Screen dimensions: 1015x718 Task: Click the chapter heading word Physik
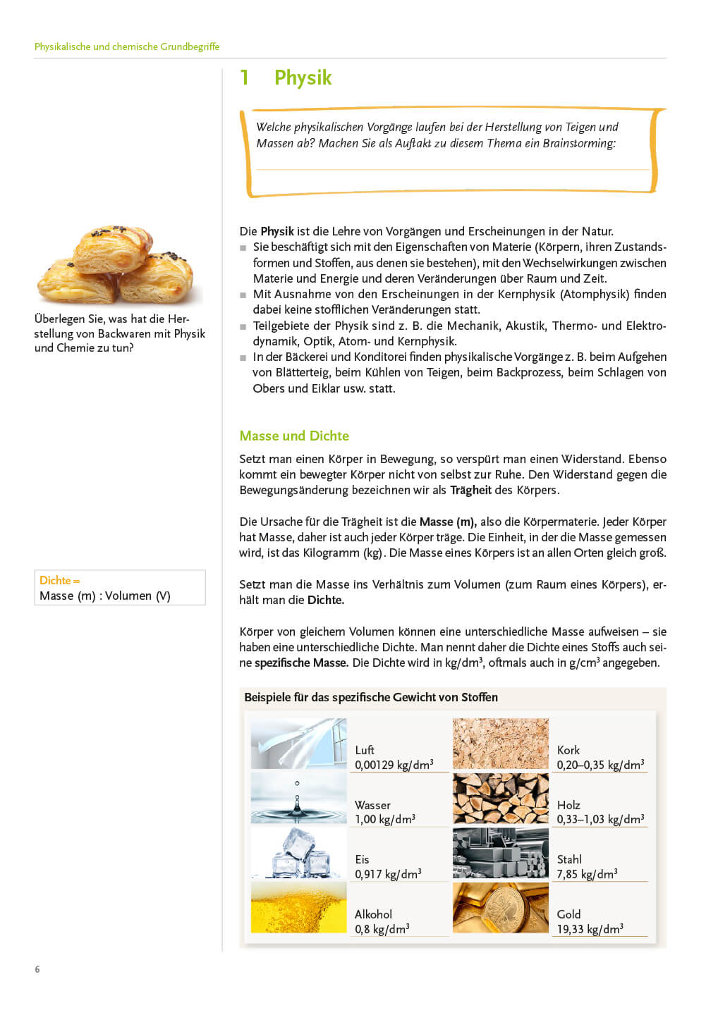point(303,78)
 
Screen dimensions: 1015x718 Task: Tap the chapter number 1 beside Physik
point(244,78)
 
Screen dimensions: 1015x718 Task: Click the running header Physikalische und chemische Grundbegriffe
point(127,47)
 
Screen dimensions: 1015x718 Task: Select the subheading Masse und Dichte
point(294,436)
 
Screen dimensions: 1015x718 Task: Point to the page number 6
point(37,969)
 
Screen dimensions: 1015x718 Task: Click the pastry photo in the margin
point(116,264)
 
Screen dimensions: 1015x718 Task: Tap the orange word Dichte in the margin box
point(56,580)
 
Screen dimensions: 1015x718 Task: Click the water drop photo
point(298,798)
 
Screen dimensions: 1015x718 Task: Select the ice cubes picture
point(298,853)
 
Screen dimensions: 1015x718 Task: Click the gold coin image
point(500,908)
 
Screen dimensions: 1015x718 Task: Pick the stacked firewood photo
point(500,798)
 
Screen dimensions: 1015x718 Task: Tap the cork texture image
point(500,744)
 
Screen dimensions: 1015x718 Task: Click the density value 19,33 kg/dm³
point(590,929)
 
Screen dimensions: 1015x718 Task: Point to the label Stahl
point(569,859)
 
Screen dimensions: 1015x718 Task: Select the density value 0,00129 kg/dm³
point(394,765)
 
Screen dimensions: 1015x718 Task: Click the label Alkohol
point(373,914)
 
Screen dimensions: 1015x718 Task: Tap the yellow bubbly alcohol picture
point(298,908)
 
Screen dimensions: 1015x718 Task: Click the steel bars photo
point(500,853)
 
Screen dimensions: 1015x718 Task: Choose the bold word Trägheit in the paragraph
point(470,490)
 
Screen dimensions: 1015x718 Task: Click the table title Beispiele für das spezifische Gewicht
point(371,697)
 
